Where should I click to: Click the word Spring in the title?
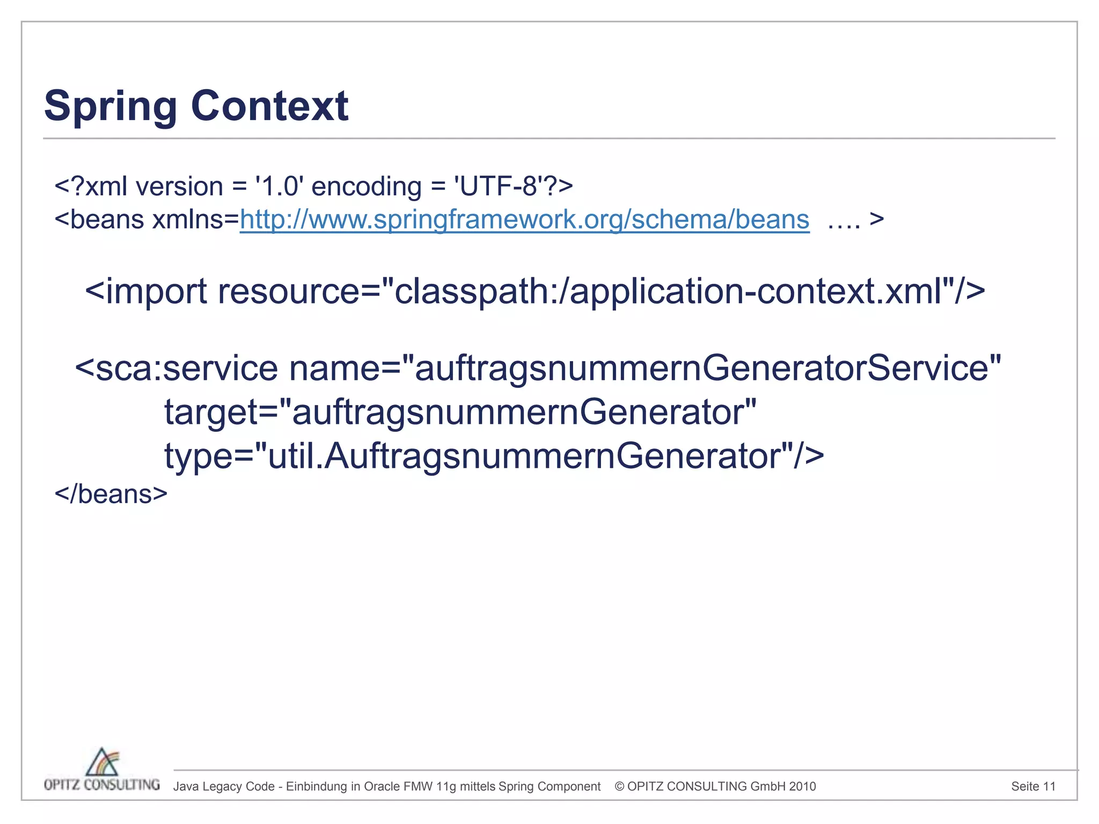click(110, 106)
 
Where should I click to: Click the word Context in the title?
click(269, 106)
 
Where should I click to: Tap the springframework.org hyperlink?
click(524, 219)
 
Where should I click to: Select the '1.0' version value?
click(279, 187)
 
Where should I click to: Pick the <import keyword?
click(146, 291)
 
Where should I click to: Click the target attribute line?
click(460, 413)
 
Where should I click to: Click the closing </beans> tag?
click(111, 494)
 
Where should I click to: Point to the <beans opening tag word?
click(99, 219)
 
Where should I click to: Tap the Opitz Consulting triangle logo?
click(102, 762)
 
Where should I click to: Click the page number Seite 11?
click(1033, 786)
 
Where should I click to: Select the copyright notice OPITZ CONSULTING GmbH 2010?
click(715, 786)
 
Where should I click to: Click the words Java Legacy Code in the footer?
click(224, 786)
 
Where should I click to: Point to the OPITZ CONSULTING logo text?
click(102, 785)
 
